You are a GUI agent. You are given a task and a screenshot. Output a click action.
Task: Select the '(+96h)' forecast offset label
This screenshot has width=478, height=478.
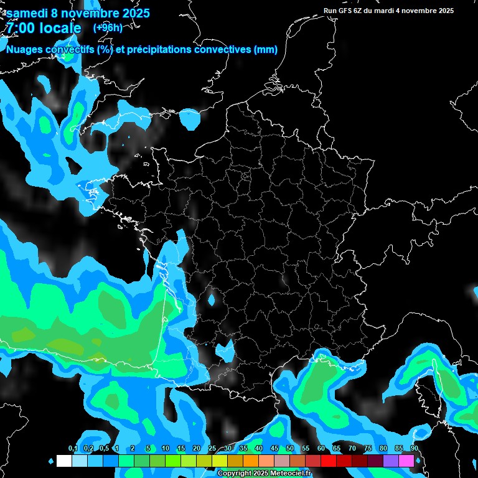108,27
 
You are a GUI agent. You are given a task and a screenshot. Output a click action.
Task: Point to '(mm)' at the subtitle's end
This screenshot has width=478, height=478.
265,50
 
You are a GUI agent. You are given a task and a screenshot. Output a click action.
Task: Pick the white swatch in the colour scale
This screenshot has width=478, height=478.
63,461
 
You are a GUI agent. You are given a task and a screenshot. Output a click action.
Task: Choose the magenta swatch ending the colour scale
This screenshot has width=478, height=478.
406,461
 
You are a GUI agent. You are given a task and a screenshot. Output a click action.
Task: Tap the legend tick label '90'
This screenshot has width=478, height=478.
415,449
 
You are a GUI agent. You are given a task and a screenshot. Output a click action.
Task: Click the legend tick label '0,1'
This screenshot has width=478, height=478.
72,449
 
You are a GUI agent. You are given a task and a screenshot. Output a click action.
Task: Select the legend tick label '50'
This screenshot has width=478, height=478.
290,449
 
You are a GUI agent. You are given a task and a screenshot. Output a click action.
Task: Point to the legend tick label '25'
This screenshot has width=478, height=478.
212,449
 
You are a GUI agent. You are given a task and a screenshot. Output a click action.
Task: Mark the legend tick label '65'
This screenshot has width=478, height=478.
337,449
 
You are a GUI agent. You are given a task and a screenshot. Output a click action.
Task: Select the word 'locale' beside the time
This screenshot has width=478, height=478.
60,28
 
